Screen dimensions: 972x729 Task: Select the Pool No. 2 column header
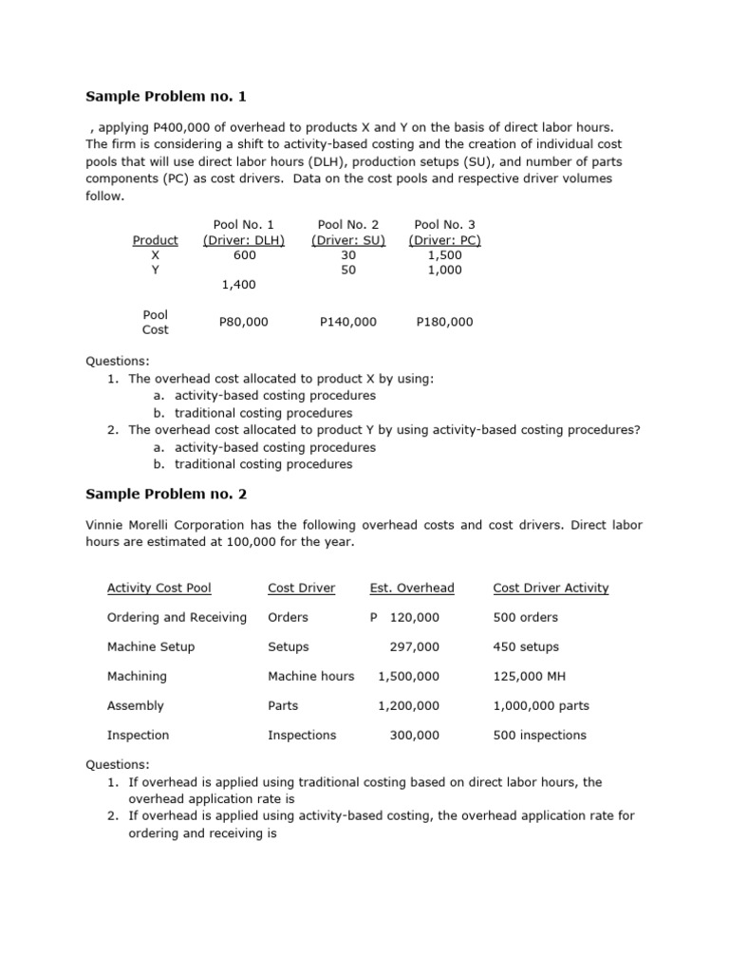pyautogui.click(x=348, y=225)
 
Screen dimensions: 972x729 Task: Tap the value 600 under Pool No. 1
pyautogui.click(x=244, y=254)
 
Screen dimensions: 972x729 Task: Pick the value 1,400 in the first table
pyautogui.click(x=238, y=284)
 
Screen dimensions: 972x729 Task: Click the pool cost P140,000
pyautogui.click(x=348, y=322)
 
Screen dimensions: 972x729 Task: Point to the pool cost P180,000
pyautogui.click(x=444, y=322)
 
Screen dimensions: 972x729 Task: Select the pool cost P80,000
pyautogui.click(x=244, y=322)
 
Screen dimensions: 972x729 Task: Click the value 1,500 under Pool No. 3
pyautogui.click(x=444, y=254)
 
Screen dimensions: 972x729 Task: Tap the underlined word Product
pyautogui.click(x=155, y=240)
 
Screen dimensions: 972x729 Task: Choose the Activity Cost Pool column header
pyautogui.click(x=159, y=588)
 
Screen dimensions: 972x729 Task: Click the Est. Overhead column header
pyautogui.click(x=412, y=588)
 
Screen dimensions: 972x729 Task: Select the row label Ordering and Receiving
pyautogui.click(x=177, y=617)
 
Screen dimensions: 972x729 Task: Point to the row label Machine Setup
pyautogui.click(x=151, y=646)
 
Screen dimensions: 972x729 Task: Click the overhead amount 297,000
pyautogui.click(x=415, y=646)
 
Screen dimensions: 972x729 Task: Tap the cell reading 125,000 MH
pyautogui.click(x=530, y=676)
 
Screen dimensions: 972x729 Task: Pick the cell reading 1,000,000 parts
pyautogui.click(x=541, y=705)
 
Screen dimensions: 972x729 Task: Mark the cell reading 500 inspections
pyautogui.click(x=540, y=735)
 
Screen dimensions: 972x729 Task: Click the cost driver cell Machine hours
pyautogui.click(x=311, y=676)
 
